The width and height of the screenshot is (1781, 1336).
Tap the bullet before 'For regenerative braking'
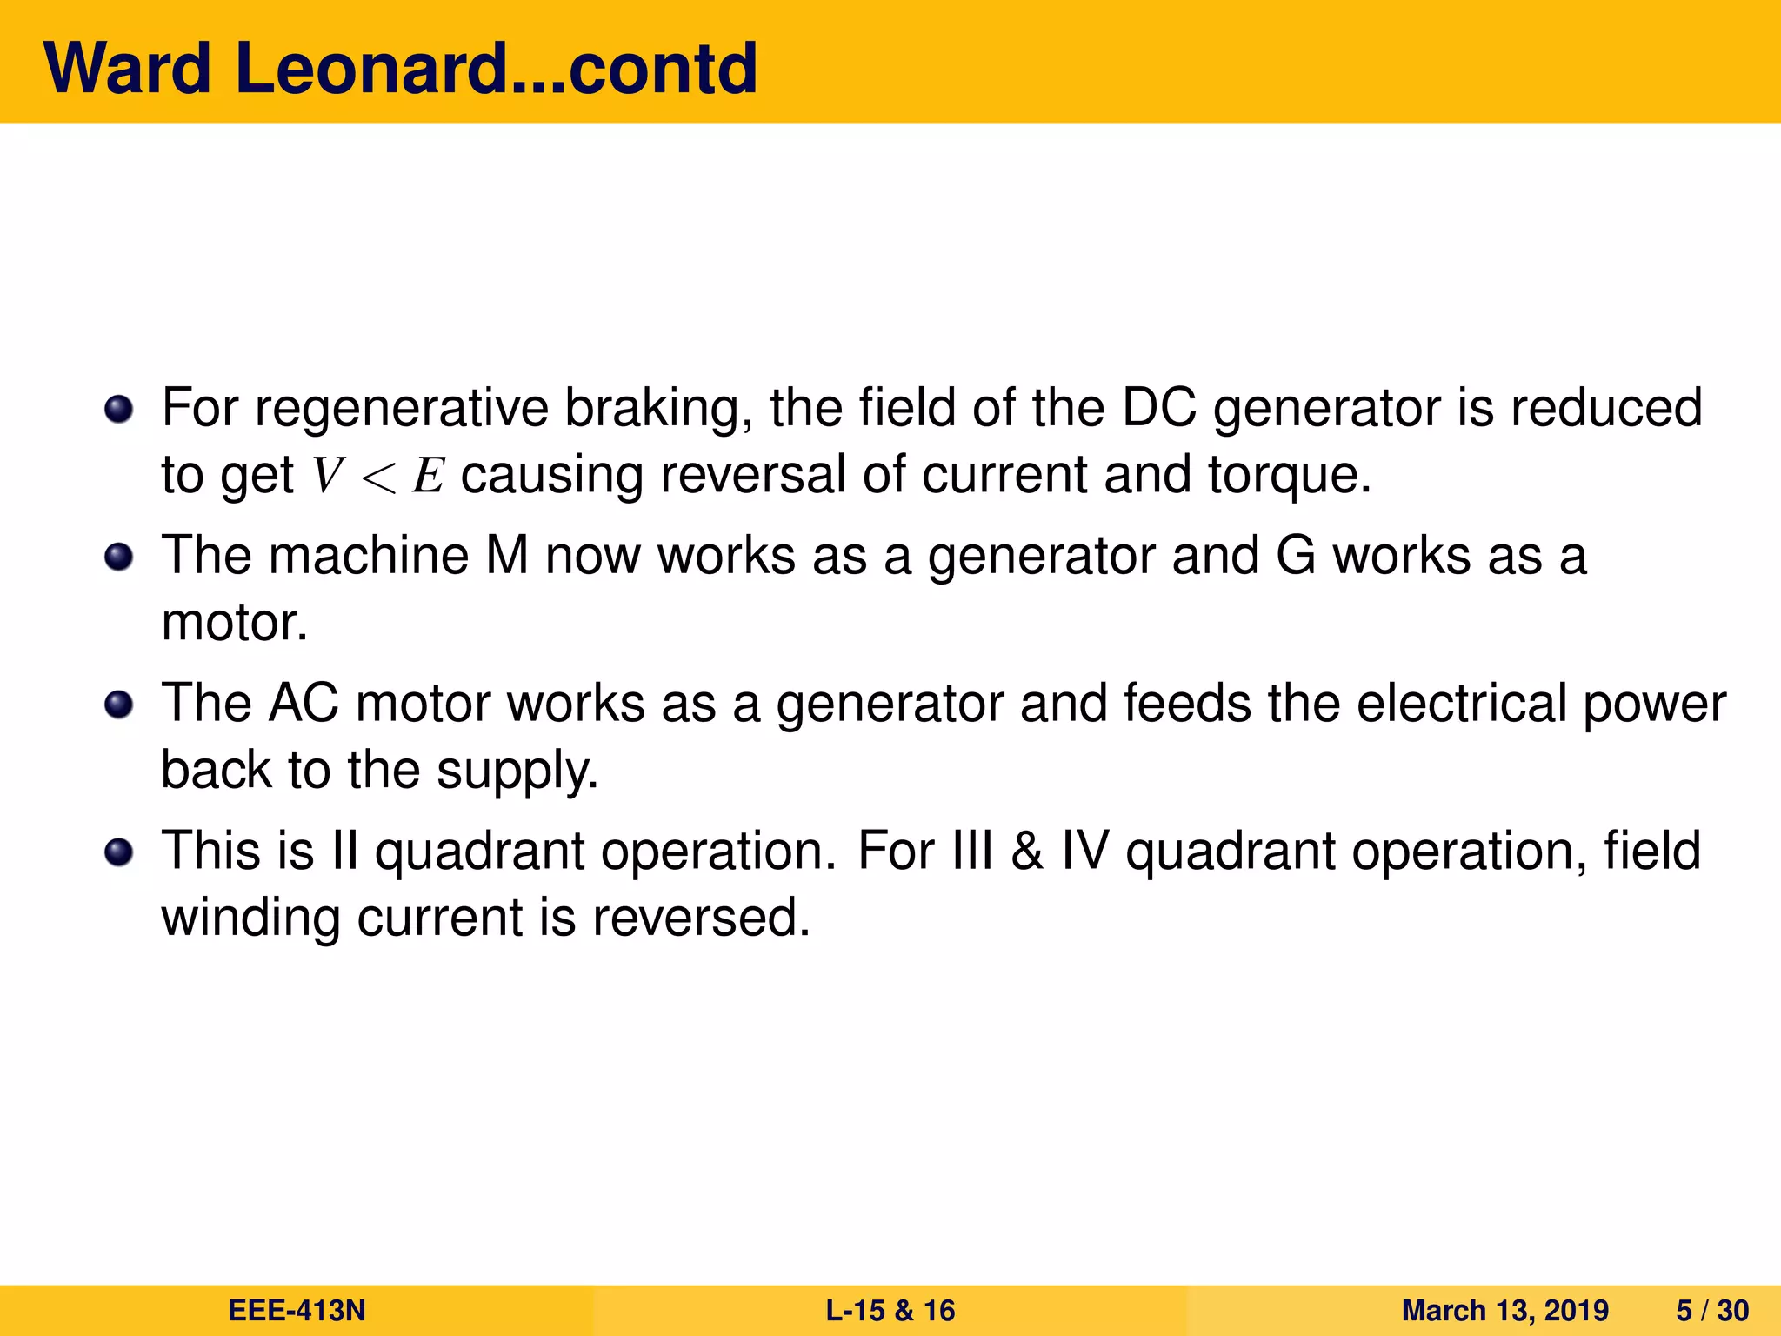pos(118,408)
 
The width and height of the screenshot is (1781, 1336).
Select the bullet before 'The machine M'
pos(118,556)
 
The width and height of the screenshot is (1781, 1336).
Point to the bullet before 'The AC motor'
pos(118,704)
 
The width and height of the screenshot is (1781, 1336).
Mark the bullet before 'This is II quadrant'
pos(118,852)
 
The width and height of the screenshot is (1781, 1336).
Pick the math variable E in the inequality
pos(429,476)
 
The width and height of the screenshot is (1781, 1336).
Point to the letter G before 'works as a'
pos(1296,556)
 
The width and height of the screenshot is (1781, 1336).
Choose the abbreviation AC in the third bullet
pos(303,704)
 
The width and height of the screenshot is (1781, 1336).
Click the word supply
pos(517,772)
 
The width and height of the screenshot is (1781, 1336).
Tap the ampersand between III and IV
pos(1026,852)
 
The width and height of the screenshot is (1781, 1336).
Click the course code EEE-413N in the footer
pos(297,1310)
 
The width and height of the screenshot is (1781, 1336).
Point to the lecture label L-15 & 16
pos(890,1310)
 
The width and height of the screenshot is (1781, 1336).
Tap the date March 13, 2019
pos(1504,1310)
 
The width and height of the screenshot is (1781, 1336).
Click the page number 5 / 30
pos(1711,1310)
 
